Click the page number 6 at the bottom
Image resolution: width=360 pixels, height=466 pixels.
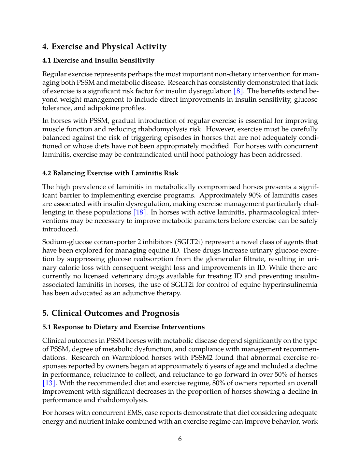[180, 439]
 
